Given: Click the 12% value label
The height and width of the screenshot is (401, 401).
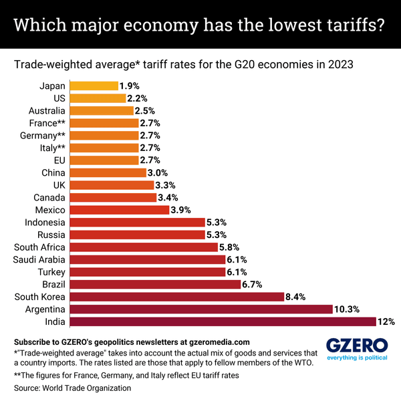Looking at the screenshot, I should pyautogui.click(x=387, y=321).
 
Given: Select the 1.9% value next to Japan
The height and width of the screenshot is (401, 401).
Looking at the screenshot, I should pyautogui.click(x=130, y=86).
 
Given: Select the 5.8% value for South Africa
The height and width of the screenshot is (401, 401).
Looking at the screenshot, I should pyautogui.click(x=233, y=247).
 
